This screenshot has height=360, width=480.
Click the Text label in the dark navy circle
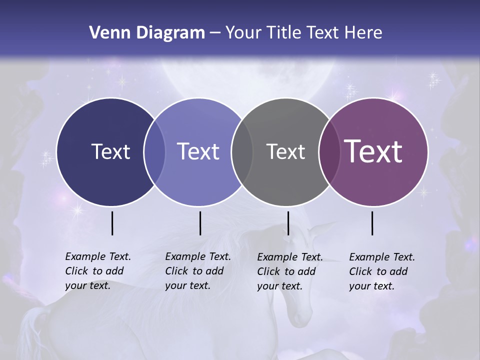coord(110,151)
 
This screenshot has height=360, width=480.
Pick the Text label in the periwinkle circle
coord(198,151)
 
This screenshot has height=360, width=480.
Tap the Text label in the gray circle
coord(285,151)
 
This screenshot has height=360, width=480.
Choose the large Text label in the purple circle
coord(373,151)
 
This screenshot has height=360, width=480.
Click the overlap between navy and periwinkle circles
coord(154,152)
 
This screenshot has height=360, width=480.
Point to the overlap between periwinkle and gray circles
coord(242,152)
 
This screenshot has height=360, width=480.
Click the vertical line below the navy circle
coord(112,223)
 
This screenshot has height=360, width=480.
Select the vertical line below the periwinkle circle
coord(200,223)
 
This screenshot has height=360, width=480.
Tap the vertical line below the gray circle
coord(288,223)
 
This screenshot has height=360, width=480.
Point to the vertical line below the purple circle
coord(372,223)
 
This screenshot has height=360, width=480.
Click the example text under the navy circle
coord(97,271)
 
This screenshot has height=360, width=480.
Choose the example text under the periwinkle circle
coord(197,271)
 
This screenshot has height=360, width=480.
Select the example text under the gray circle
coord(289,271)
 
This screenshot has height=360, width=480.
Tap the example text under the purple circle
coord(381,271)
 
